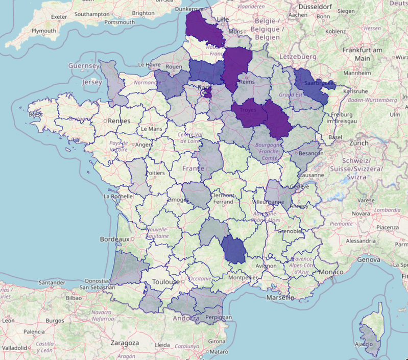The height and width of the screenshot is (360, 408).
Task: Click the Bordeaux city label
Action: pos(113,239)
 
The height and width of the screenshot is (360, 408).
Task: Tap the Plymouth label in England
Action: pos(43,31)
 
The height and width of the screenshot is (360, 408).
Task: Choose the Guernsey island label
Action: pos(84,66)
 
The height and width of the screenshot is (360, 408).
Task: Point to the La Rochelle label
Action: pos(118,196)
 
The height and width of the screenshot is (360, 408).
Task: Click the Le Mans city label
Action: pos(151,129)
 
